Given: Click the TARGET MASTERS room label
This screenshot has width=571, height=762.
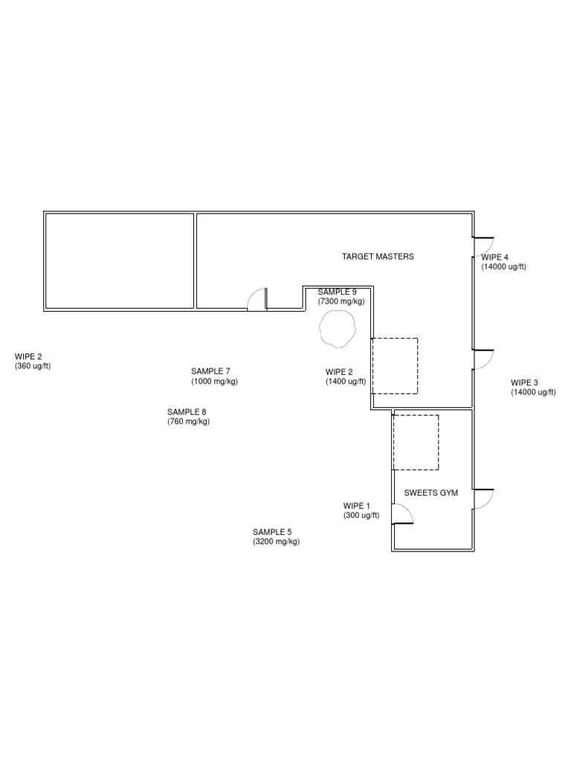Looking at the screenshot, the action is [x=378, y=257].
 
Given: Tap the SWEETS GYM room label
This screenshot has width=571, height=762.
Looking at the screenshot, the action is [x=430, y=493].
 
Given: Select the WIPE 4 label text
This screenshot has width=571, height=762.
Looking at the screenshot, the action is [x=494, y=257].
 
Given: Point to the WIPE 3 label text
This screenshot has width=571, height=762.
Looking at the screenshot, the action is [x=524, y=383].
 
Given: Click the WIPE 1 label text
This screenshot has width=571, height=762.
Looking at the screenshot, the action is [x=356, y=506].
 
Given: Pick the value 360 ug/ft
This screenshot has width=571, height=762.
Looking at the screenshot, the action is [x=33, y=366].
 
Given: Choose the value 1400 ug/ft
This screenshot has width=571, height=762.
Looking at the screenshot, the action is [x=346, y=382].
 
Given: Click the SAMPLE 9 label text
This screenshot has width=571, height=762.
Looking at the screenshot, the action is [x=337, y=292].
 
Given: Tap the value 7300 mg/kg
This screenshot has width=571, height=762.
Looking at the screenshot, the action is [x=341, y=301].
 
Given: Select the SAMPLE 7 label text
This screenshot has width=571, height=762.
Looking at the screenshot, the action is [x=210, y=372].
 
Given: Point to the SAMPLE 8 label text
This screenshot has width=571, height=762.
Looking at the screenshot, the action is [x=187, y=412].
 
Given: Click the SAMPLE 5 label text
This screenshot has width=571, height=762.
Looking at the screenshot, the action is [x=272, y=532].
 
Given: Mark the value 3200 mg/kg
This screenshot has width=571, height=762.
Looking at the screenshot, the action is [x=277, y=542].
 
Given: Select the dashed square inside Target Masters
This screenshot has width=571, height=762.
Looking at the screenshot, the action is [x=418, y=366].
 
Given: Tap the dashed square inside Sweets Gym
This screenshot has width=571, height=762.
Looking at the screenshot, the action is [x=439, y=442].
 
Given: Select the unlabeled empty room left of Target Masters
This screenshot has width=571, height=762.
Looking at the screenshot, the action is [x=120, y=261].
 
